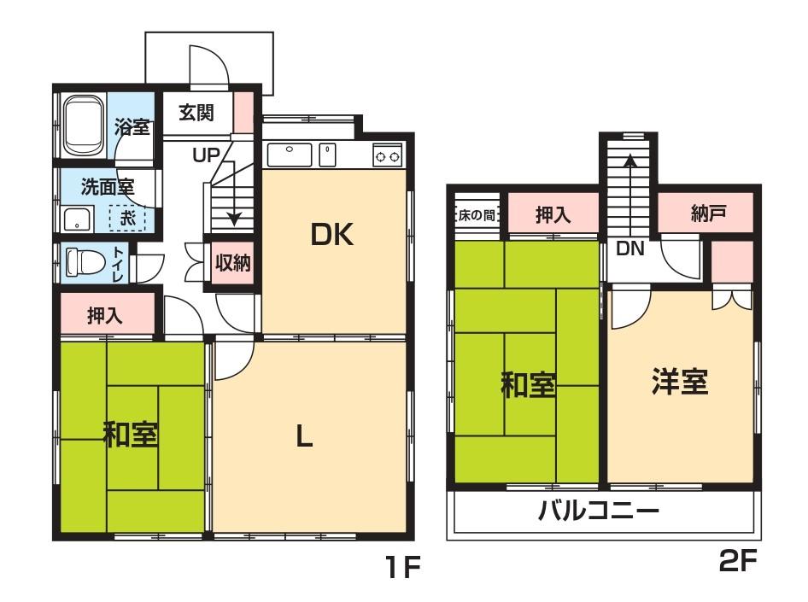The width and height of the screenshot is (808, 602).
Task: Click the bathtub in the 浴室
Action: (84, 126)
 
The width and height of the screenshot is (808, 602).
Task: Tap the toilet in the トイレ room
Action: (78, 262)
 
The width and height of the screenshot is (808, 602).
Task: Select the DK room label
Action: (332, 234)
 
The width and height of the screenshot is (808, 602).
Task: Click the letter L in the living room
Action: (304, 437)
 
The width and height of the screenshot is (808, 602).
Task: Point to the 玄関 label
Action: (196, 112)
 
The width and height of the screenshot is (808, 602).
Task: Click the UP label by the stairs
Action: (206, 155)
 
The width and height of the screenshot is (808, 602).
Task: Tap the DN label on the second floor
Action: (630, 248)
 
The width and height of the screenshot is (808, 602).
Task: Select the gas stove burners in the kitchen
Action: (387, 155)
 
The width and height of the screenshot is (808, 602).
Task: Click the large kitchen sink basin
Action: (290, 155)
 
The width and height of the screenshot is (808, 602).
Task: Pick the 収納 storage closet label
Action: (233, 263)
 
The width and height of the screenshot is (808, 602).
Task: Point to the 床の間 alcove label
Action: (477, 214)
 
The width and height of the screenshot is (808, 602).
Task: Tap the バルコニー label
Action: (599, 511)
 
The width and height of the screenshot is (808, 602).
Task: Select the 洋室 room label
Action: (680, 382)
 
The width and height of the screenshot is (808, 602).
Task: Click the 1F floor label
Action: (404, 566)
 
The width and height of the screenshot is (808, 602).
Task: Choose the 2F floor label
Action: (737, 560)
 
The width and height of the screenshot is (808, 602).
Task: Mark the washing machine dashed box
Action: (127, 219)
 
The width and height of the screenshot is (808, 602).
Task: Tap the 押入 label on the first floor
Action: (105, 316)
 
